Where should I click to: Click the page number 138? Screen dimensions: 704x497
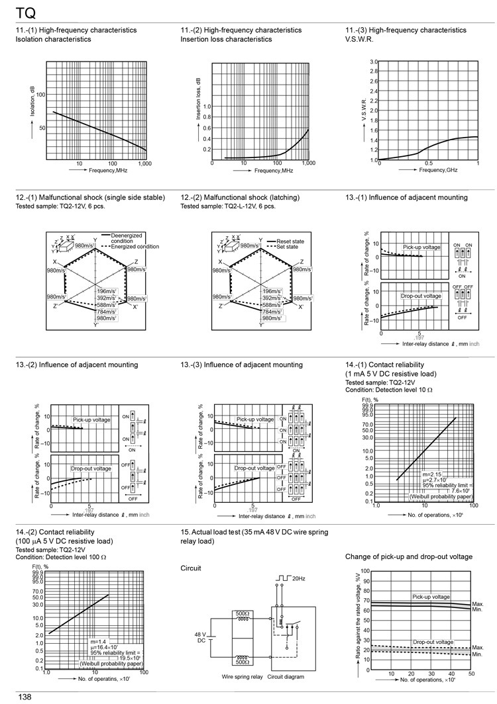pyautogui.click(x=25, y=697)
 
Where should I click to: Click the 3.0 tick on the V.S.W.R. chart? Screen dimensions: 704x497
pyautogui.click(x=374, y=62)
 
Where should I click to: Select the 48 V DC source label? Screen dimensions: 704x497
pyautogui.click(x=200, y=637)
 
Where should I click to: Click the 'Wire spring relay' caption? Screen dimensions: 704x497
pyautogui.click(x=242, y=677)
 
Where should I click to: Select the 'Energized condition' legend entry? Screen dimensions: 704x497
pyautogui.click(x=135, y=247)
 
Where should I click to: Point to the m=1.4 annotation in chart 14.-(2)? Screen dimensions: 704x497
pyautogui.click(x=98, y=641)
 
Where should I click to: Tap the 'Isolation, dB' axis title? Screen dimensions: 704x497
pyautogui.click(x=32, y=101)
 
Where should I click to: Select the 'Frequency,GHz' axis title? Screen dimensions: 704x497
pyautogui.click(x=438, y=171)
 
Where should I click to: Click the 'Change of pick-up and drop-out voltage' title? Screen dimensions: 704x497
pyautogui.click(x=409, y=556)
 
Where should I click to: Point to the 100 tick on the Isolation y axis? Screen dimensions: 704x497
pyautogui.click(x=41, y=95)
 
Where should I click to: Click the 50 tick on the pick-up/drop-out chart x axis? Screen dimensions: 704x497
pyautogui.click(x=471, y=673)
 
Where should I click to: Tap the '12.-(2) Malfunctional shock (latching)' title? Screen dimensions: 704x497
pyautogui.click(x=240, y=197)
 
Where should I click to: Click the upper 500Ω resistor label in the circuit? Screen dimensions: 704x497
pyautogui.click(x=243, y=614)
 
